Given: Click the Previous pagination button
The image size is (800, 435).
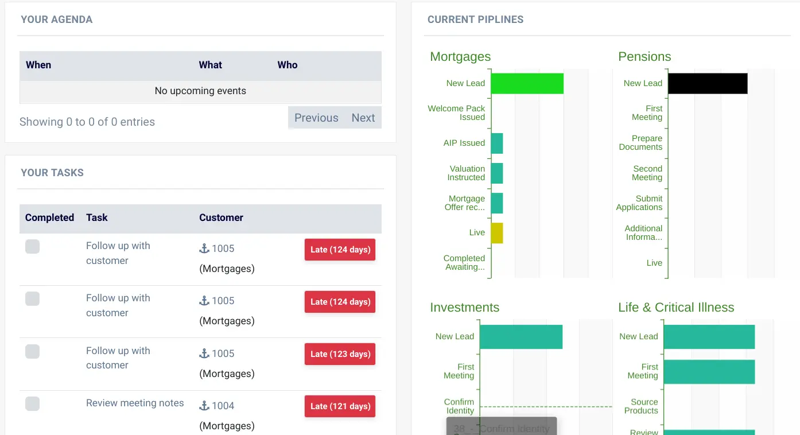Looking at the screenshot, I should click(x=316, y=118).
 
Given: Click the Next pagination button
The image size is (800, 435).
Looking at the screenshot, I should click(x=363, y=118).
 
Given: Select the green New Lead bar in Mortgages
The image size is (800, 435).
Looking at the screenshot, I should click(x=527, y=83).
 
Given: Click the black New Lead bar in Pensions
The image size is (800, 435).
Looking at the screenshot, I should click(x=708, y=83).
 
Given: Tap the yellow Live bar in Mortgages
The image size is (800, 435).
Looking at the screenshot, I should click(x=497, y=233).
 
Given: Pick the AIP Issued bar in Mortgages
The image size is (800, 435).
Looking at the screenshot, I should click(x=497, y=143).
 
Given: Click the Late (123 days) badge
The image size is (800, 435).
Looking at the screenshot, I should click(x=340, y=354).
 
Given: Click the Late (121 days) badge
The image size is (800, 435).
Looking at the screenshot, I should click(x=340, y=406).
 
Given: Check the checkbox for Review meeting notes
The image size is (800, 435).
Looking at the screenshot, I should click(x=33, y=403).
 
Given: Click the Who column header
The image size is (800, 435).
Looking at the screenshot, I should click(x=288, y=65).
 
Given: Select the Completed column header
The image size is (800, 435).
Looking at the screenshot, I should click(x=49, y=218).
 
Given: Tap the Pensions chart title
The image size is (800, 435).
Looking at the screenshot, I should click(x=644, y=57).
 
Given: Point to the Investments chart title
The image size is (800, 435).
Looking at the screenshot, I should click(x=464, y=308).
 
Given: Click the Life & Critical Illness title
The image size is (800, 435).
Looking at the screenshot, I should click(x=676, y=308).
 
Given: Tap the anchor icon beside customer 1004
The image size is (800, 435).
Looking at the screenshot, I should click(x=204, y=406).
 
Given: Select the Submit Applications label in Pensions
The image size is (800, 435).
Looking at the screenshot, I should click(x=639, y=203).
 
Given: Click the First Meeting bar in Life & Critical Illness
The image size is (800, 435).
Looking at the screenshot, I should click(x=709, y=371).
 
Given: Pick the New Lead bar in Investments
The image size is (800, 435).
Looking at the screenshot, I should click(x=521, y=337).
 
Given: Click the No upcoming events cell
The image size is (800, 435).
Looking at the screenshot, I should click(x=200, y=91).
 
